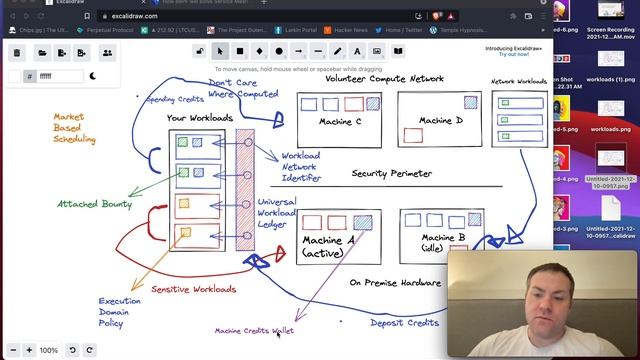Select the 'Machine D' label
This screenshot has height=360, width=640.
pyautogui.click(x=441, y=121)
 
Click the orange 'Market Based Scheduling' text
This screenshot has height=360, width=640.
pyautogui.click(x=74, y=128)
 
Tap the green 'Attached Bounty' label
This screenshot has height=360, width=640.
pyautogui.click(x=94, y=204)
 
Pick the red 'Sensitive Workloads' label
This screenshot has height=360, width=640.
pyautogui.click(x=194, y=289)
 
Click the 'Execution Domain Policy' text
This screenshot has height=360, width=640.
pyautogui.click(x=119, y=311)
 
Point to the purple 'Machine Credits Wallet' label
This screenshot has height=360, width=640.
pyautogui.click(x=254, y=330)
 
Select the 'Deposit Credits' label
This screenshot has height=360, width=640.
pyautogui.click(x=404, y=322)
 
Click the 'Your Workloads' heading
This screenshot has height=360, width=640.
pyautogui.click(x=198, y=119)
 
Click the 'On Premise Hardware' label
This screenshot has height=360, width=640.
pyautogui.click(x=395, y=282)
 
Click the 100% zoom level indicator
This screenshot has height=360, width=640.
pyautogui.click(x=48, y=350)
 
